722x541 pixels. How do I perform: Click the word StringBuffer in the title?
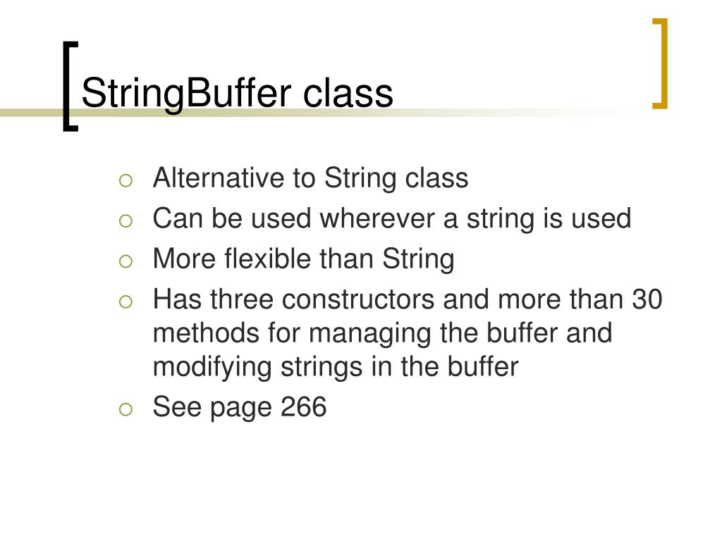tap(187, 94)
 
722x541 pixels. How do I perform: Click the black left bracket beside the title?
tap(67, 86)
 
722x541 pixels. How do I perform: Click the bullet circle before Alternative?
tap(125, 180)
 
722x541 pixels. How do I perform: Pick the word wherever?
tap(378, 219)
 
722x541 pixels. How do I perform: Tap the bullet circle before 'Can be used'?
tap(125, 221)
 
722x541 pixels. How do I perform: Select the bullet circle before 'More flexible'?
tap(125, 261)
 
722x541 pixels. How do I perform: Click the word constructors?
tap(358, 300)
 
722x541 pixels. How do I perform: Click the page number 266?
tap(304, 408)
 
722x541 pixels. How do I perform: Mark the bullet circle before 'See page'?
tap(125, 409)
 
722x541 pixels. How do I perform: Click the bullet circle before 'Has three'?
tap(125, 302)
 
